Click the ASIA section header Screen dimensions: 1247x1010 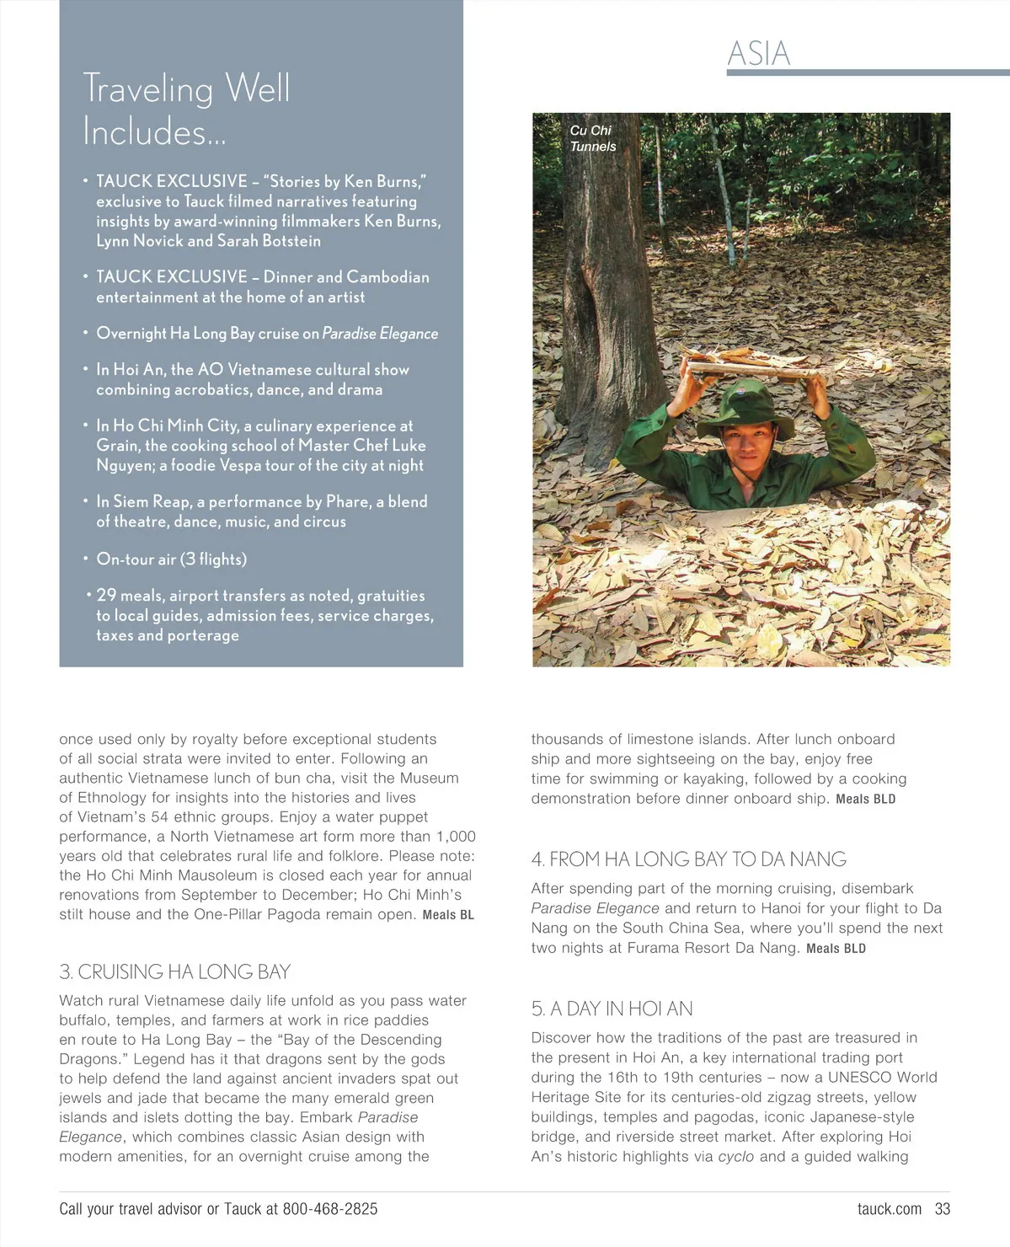[x=758, y=54]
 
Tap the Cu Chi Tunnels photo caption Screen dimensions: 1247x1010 [x=592, y=138]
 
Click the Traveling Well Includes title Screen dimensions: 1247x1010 [x=186, y=110]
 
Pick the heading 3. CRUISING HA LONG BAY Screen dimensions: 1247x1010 [x=174, y=971]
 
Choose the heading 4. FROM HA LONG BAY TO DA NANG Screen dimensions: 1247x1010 [x=688, y=859]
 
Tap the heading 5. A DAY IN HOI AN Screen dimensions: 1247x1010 [x=612, y=1009]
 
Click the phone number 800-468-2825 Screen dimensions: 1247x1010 [x=330, y=1209]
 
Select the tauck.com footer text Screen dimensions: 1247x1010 [x=889, y=1209]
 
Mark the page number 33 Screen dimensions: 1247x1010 [x=942, y=1209]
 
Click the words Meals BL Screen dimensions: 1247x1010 [x=448, y=915]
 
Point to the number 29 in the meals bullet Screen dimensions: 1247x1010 [x=106, y=595]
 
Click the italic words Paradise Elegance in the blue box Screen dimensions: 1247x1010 [x=380, y=334]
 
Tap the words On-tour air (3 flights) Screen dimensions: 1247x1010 [x=172, y=559]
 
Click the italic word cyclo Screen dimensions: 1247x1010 [x=736, y=1157]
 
